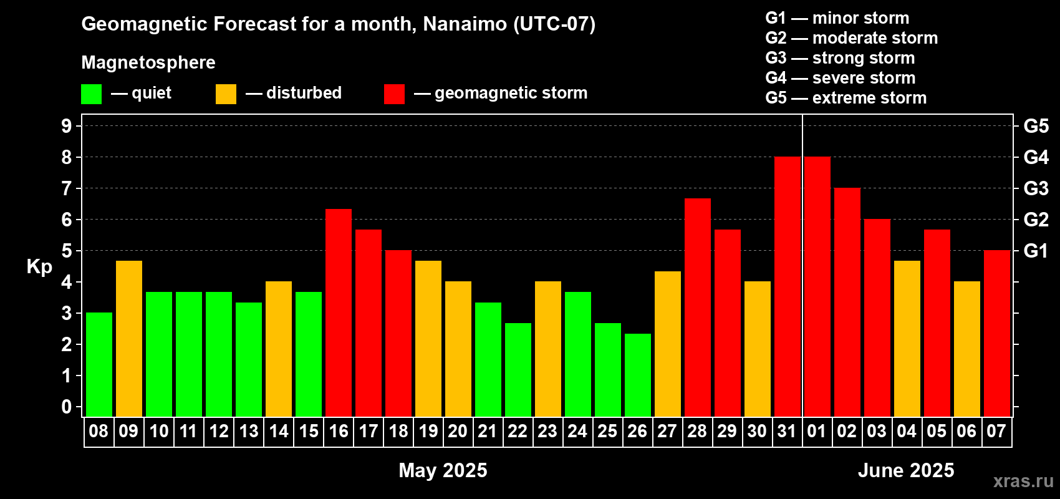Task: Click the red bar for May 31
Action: pyautogui.click(x=788, y=286)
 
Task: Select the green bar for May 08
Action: pyautogui.click(x=99, y=364)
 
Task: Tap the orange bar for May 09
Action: pyautogui.click(x=129, y=339)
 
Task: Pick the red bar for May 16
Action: pyautogui.click(x=339, y=312)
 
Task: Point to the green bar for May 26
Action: pyautogui.click(x=638, y=375)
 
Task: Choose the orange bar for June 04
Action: pyautogui.click(x=907, y=339)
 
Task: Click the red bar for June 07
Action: pyautogui.click(x=997, y=333)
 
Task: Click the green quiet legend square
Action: pyautogui.click(x=91, y=94)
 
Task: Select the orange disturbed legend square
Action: pyautogui.click(x=226, y=94)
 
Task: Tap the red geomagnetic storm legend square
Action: pyautogui.click(x=395, y=94)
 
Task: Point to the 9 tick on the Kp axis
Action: pyautogui.click(x=66, y=126)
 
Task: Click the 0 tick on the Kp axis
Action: pyautogui.click(x=66, y=407)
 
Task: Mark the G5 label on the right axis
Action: pyautogui.click(x=1036, y=126)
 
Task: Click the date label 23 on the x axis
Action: pyautogui.click(x=547, y=431)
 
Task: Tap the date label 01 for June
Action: pyautogui.click(x=817, y=431)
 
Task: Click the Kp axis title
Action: pyautogui.click(x=39, y=267)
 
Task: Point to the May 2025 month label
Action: pyautogui.click(x=443, y=470)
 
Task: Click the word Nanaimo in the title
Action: pyautogui.click(x=465, y=24)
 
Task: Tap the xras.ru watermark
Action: pyautogui.click(x=1023, y=481)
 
